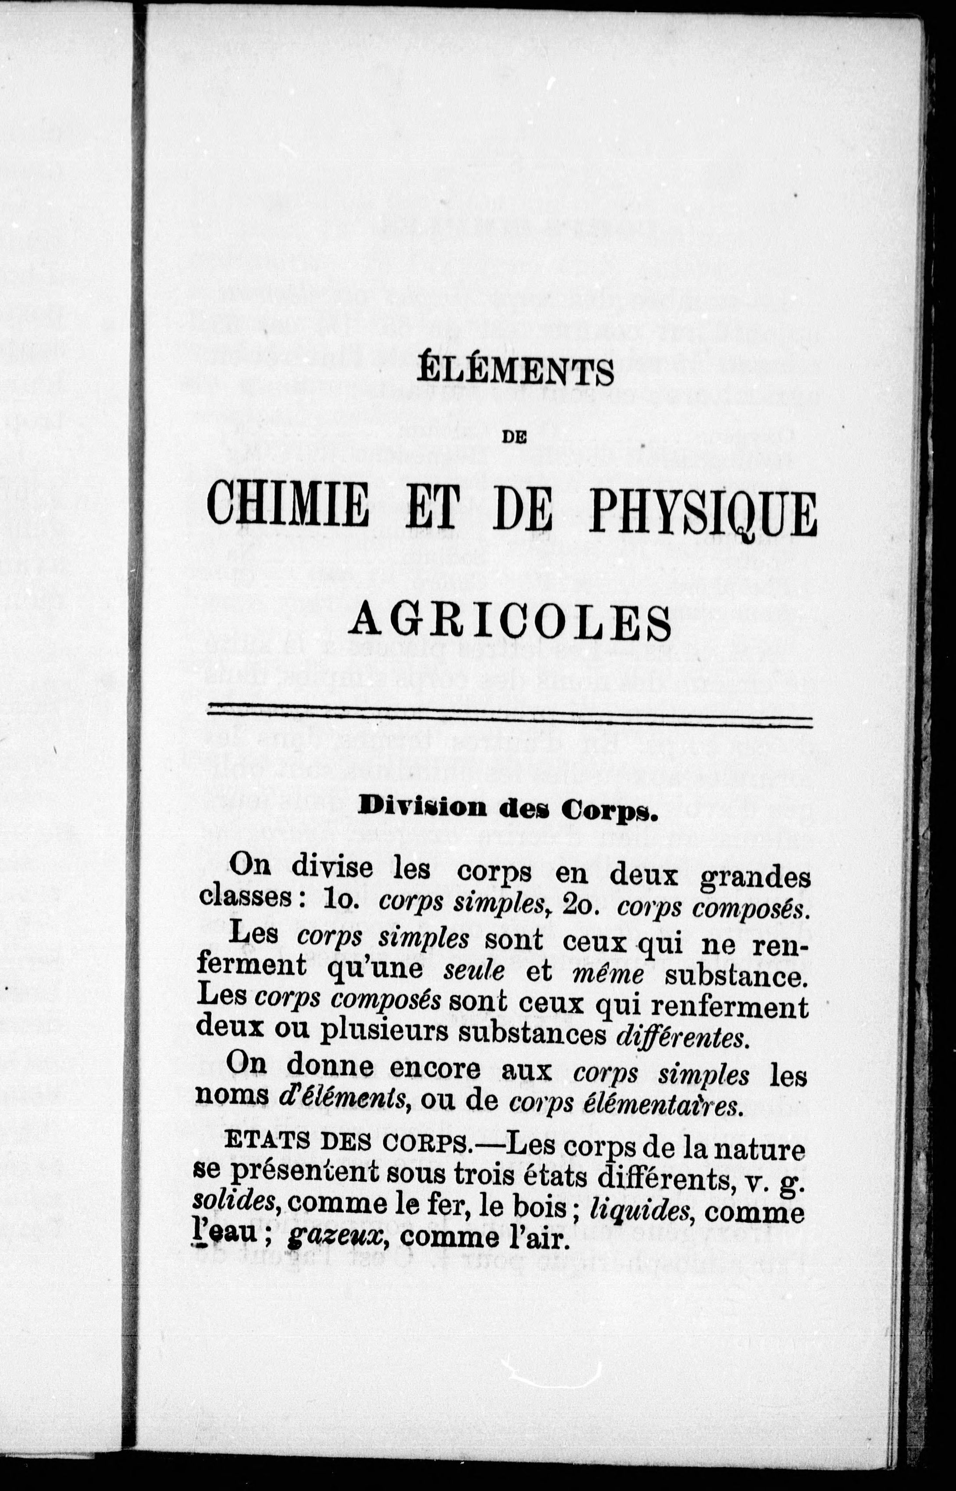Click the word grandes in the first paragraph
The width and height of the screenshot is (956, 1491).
(754, 877)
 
